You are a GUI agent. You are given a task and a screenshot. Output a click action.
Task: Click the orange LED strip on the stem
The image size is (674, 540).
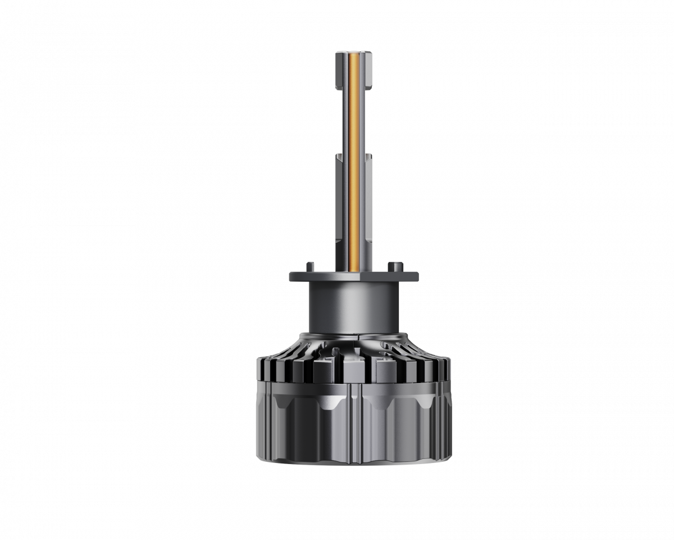coord(354,169)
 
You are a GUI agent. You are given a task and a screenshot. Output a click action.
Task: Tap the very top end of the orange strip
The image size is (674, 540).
coord(354,53)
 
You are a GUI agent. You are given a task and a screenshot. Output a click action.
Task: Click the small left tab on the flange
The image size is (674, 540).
coord(309,266)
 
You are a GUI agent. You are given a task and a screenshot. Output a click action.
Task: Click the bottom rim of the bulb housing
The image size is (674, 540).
coord(354,462)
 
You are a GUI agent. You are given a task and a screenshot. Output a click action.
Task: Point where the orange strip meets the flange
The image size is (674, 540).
coord(354,269)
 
